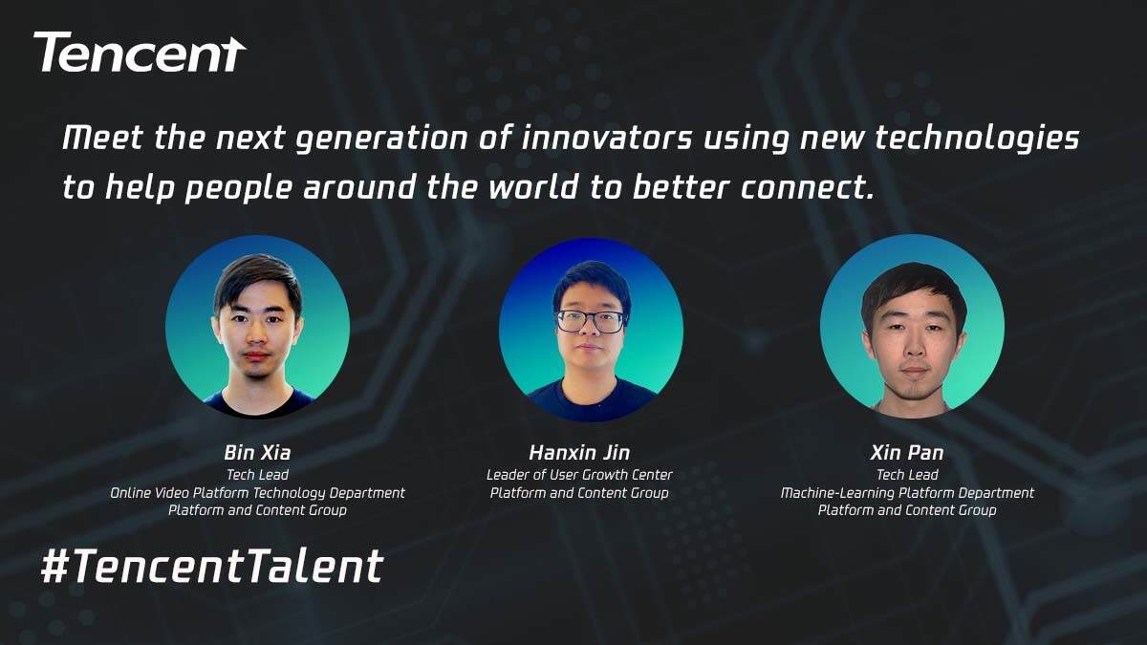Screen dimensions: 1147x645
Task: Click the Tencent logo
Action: [140, 53]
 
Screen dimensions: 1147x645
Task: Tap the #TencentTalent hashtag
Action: [212, 566]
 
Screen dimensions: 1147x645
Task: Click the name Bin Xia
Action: [257, 453]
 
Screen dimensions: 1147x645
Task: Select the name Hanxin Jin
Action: [579, 453]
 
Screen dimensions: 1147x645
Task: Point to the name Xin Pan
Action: [907, 453]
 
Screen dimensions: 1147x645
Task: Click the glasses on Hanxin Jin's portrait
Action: [592, 321]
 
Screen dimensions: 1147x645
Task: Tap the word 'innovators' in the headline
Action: [606, 139]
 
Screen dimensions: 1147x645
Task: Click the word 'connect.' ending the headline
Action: [807, 187]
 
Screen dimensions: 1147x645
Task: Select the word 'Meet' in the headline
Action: [102, 139]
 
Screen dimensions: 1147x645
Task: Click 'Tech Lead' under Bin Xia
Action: [257, 475]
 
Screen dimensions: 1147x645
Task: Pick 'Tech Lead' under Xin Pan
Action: [907, 475]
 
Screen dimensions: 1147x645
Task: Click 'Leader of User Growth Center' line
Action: [579, 475]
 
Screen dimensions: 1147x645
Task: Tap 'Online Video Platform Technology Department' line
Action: [257, 493]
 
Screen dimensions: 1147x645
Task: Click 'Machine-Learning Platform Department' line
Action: [907, 493]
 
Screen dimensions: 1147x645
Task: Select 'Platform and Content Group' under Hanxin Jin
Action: [579, 493]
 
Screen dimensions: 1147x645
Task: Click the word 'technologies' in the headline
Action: [977, 140]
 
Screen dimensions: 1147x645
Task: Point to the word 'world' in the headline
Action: [533, 187]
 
